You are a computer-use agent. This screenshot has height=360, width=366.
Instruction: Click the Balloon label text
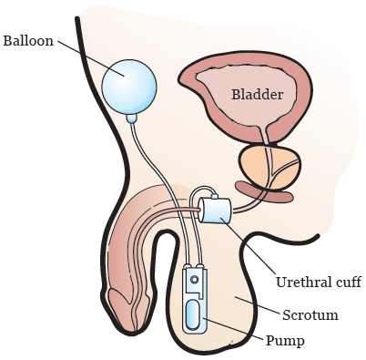(x=28, y=41)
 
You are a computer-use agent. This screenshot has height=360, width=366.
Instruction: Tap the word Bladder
(x=257, y=94)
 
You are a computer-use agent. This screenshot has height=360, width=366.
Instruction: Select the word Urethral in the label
(x=303, y=283)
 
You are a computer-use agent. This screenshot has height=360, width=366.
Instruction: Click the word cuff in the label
(x=347, y=283)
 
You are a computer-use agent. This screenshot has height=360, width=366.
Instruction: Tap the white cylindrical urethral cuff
(x=216, y=212)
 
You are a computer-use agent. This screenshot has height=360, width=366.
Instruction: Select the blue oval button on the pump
(x=192, y=316)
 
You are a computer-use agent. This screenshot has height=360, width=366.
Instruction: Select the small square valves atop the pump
(x=193, y=272)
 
